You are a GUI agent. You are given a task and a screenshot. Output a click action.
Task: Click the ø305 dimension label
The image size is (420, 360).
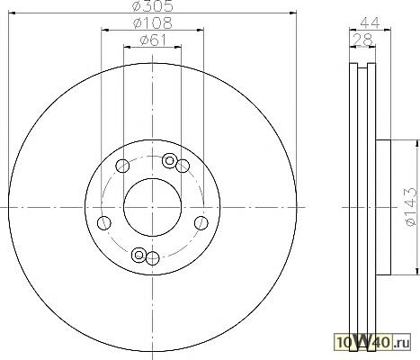(x=153, y=6)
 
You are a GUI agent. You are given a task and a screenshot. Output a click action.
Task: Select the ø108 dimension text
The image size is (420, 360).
(x=153, y=23)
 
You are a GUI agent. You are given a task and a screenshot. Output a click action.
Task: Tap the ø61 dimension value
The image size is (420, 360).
(x=153, y=40)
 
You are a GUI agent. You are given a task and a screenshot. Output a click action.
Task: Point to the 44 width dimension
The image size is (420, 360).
(x=371, y=22)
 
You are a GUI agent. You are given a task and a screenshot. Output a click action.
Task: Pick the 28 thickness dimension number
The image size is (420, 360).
(x=362, y=40)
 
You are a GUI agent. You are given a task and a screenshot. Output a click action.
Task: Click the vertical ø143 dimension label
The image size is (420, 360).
(x=410, y=207)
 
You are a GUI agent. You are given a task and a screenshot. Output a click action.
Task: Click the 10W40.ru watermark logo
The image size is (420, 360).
(x=372, y=342)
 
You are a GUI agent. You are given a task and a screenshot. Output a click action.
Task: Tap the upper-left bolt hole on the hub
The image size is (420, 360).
(x=122, y=166)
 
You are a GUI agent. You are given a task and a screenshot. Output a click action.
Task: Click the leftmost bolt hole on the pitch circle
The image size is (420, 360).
(x=104, y=223)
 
